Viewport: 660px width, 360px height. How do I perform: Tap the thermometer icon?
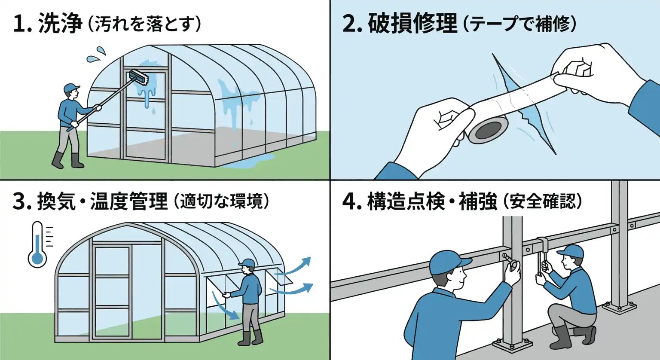[x=38, y=245]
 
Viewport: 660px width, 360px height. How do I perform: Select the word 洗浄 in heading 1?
[x=60, y=23]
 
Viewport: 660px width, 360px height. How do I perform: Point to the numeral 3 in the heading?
[x=20, y=201]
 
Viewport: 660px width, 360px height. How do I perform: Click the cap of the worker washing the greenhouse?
[x=71, y=88]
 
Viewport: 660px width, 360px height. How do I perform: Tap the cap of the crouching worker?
[x=571, y=251]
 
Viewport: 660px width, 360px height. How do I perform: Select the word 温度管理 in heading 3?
[x=128, y=201]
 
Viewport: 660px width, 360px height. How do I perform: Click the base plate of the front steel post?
[x=512, y=344]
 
